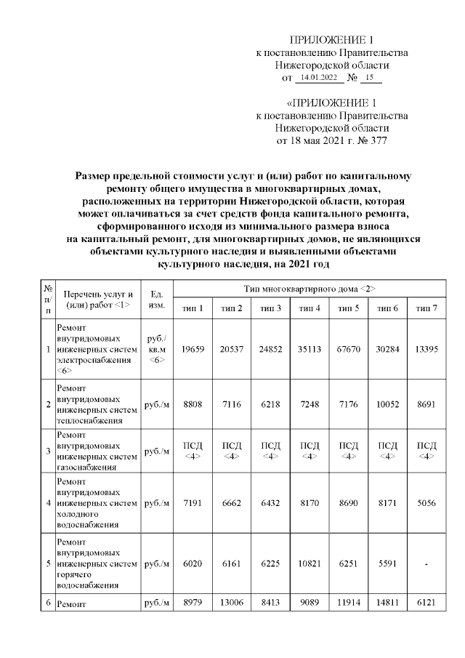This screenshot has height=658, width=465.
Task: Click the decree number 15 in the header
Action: (x=370, y=76)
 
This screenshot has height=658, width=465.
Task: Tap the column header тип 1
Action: (x=193, y=308)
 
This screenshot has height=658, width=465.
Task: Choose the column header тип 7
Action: (x=426, y=308)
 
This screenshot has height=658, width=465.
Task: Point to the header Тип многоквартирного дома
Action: (x=310, y=289)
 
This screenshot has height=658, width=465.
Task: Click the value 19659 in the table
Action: (x=193, y=349)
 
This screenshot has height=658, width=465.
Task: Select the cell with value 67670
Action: (x=349, y=349)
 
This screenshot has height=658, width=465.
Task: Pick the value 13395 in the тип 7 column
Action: (x=426, y=349)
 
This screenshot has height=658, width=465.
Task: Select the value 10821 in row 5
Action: (x=310, y=563)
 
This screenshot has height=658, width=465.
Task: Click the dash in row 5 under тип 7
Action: (x=426, y=563)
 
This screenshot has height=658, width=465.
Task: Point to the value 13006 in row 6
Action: (x=232, y=603)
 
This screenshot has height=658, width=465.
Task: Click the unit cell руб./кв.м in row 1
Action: (x=156, y=349)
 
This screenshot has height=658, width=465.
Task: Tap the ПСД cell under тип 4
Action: (x=310, y=451)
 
